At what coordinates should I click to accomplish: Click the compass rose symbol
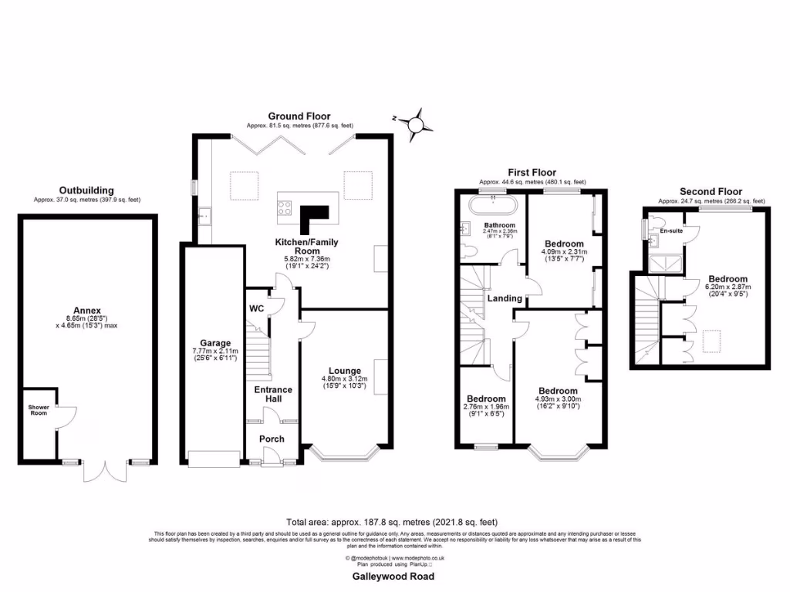416,122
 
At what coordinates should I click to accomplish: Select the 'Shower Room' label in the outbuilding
38,409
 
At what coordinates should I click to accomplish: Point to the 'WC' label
256,309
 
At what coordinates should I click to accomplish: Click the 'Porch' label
272,439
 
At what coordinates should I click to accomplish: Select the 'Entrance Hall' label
273,394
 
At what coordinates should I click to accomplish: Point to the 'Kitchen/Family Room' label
307,247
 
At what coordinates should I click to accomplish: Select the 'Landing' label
504,298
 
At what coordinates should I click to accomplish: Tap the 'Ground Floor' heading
299,116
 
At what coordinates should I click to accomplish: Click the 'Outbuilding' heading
86,190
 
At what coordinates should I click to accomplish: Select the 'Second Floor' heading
711,191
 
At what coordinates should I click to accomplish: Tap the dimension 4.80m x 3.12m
344,378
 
